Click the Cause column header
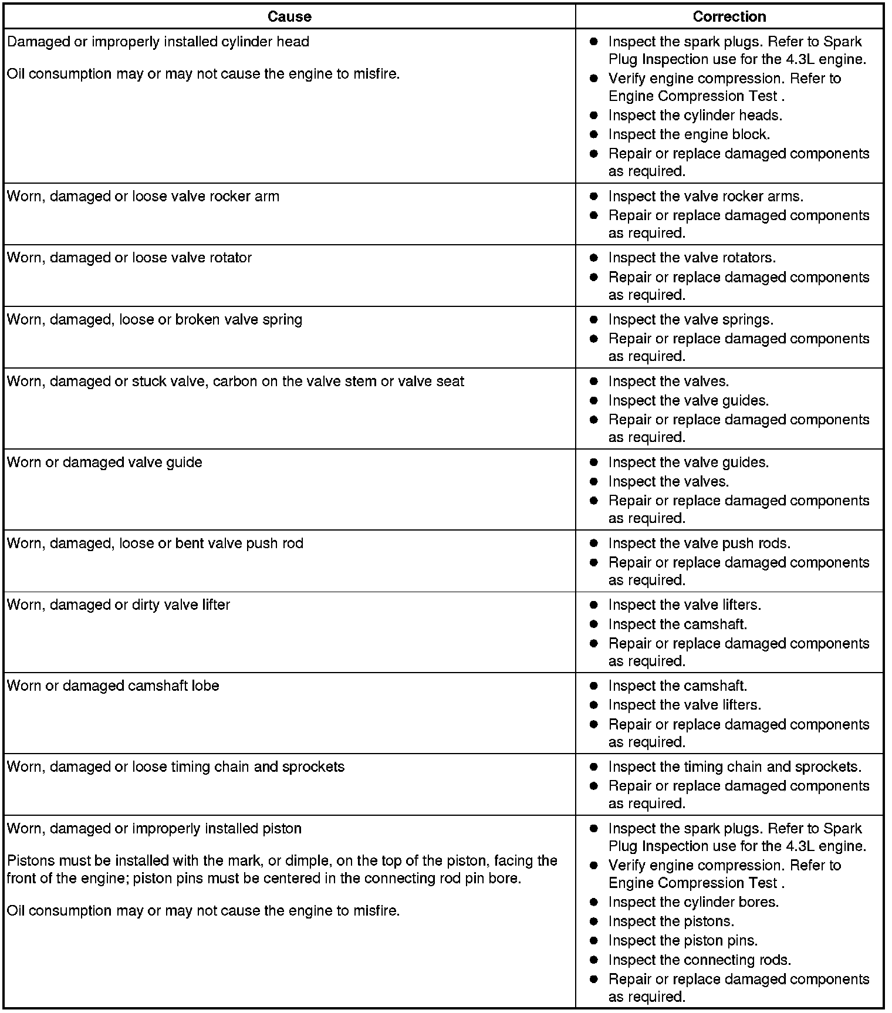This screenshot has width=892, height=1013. click(x=289, y=16)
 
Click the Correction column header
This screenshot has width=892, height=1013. click(x=729, y=16)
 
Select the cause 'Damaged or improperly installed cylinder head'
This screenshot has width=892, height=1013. click(x=158, y=42)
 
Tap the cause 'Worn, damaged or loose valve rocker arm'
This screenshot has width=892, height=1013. click(x=143, y=197)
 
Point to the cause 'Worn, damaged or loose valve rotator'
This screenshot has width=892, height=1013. click(x=129, y=258)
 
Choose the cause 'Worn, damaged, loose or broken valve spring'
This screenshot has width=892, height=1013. click(x=154, y=320)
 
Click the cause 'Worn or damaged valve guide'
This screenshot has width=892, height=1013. click(x=104, y=462)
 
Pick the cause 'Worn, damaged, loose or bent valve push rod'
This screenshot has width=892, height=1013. click(x=155, y=543)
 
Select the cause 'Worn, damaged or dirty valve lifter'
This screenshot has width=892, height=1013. click(x=119, y=605)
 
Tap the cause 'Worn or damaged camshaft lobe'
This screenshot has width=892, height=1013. click(x=113, y=686)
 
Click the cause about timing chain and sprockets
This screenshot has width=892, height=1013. click(x=175, y=767)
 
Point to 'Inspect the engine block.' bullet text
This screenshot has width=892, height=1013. click(x=689, y=134)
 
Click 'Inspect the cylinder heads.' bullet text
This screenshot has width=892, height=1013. click(x=695, y=116)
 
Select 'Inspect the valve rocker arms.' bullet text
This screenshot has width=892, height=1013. click(x=705, y=197)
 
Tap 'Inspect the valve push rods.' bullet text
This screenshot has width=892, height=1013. click(x=699, y=543)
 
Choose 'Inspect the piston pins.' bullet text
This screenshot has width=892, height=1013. click(x=682, y=941)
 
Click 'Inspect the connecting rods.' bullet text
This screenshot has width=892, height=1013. click(x=700, y=960)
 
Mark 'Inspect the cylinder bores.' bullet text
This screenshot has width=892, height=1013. click(x=693, y=902)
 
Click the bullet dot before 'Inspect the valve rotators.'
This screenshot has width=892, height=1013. click(x=594, y=258)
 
